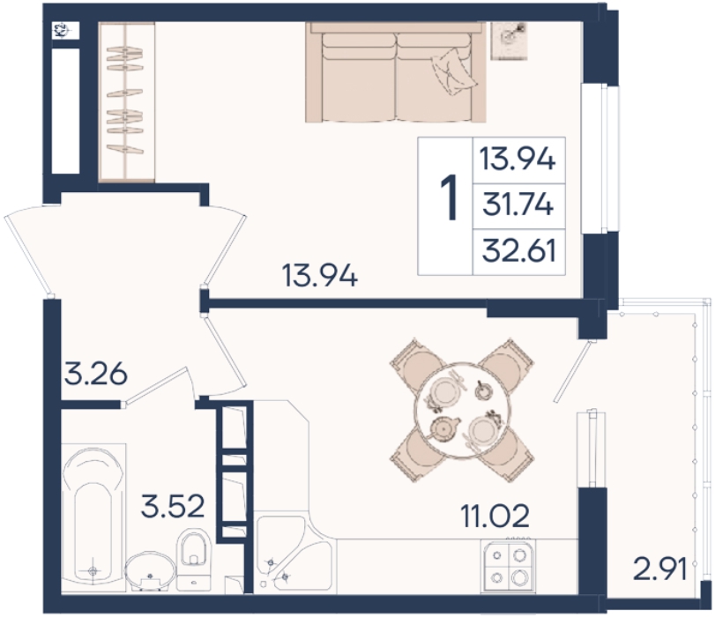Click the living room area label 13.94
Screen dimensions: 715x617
320,276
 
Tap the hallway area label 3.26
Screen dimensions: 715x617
95,375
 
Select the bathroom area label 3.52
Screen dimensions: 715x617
173,507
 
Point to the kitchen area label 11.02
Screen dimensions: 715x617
495,517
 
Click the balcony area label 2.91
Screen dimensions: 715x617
659,569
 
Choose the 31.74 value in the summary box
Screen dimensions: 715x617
518,205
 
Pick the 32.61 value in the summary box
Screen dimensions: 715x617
519,251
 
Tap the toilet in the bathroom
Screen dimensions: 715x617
193,558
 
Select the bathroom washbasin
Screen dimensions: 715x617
151,571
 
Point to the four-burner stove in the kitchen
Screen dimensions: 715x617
508,566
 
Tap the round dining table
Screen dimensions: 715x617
460,410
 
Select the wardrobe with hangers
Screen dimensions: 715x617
126,101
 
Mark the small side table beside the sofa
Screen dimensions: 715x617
510,41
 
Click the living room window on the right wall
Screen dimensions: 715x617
601,159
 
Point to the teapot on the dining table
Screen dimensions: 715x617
443,428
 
